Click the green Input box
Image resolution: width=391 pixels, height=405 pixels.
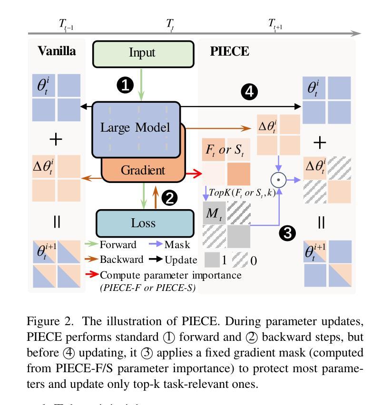click(143, 52)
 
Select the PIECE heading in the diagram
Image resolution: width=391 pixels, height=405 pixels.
click(229, 51)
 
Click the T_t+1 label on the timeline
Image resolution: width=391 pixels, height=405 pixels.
click(275, 24)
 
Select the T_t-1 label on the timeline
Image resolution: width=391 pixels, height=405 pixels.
click(65, 24)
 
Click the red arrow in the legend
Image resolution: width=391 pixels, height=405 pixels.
click(92, 275)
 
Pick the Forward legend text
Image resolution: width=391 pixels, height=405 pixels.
click(118, 245)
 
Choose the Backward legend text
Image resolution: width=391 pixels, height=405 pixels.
click(120, 260)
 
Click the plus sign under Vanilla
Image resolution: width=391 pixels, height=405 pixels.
click(57, 139)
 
